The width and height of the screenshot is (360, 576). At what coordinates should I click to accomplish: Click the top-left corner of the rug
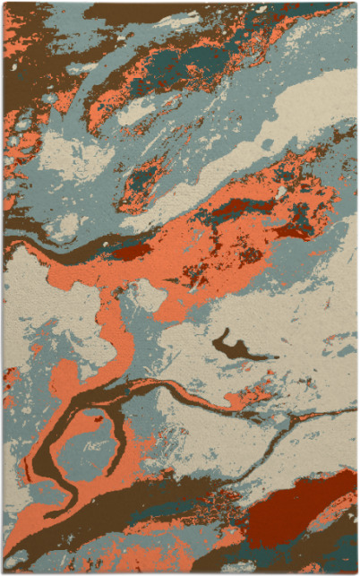4,3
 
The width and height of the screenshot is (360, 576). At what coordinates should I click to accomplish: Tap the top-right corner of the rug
356,3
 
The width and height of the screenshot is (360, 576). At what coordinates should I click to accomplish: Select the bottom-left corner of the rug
4,572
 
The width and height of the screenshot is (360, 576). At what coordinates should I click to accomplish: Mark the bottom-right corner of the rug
356,572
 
